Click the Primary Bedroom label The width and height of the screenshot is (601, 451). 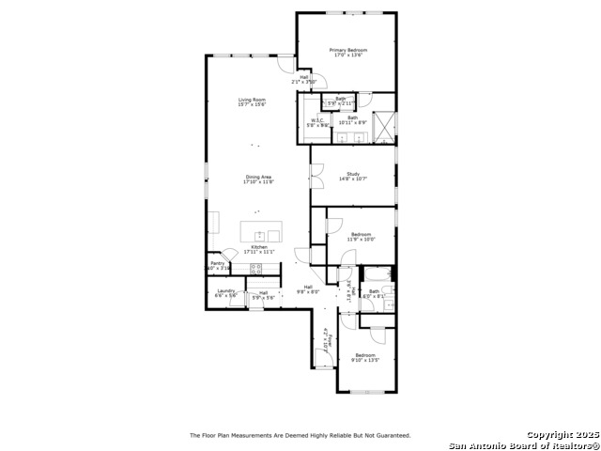pyautogui.click(x=347, y=50)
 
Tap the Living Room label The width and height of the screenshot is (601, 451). pyautogui.click(x=251, y=100)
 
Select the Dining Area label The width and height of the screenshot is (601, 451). pyautogui.click(x=258, y=177)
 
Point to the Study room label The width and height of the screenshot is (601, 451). pyautogui.click(x=353, y=174)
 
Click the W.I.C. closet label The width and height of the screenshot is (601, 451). pyautogui.click(x=316, y=120)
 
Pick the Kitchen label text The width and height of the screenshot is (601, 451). pyautogui.click(x=258, y=247)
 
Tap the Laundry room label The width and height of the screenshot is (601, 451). pyautogui.click(x=225, y=291)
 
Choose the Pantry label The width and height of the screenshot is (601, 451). pyautogui.click(x=217, y=263)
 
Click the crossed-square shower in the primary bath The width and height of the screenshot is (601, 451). pyautogui.click(x=385, y=126)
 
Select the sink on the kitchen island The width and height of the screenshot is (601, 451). pyautogui.click(x=260, y=234)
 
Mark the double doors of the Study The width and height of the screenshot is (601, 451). pyautogui.click(x=317, y=175)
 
